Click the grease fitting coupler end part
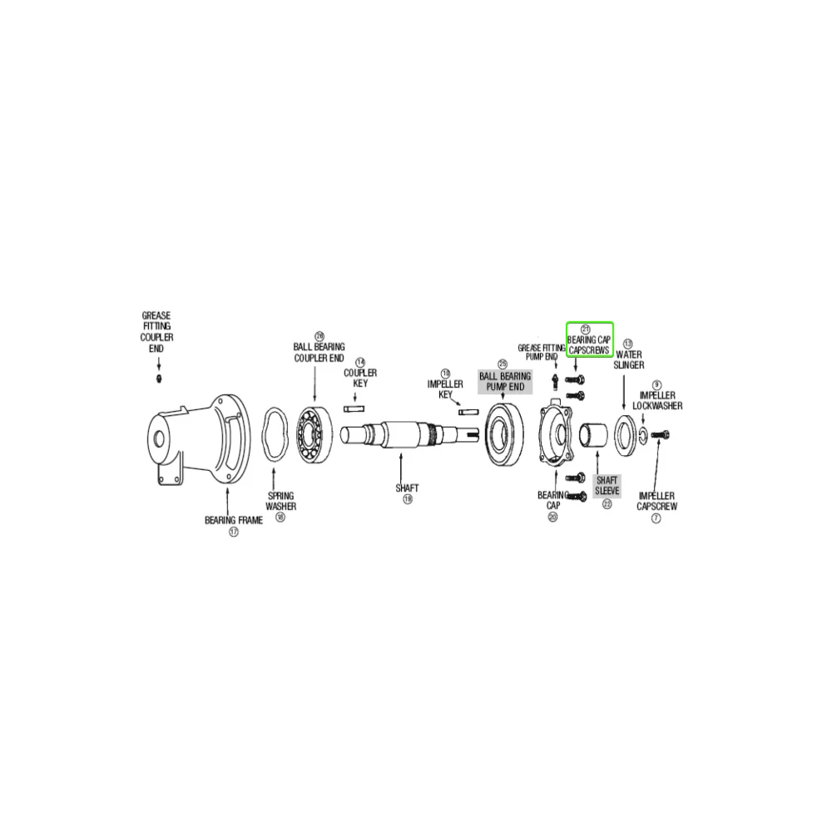[x=159, y=379]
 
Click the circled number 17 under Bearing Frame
[x=234, y=532]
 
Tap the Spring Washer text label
[x=280, y=500]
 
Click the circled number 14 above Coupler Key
[x=360, y=362]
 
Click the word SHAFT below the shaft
[x=408, y=488]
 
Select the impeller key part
[x=467, y=411]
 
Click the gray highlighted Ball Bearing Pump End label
[x=503, y=382]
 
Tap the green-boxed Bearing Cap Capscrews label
[x=589, y=345]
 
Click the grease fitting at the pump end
[x=554, y=380]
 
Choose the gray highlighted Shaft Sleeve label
[x=607, y=486]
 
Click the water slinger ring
[x=625, y=433]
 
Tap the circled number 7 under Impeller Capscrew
[x=656, y=518]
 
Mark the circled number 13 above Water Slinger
[x=628, y=343]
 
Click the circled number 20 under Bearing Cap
[x=552, y=517]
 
